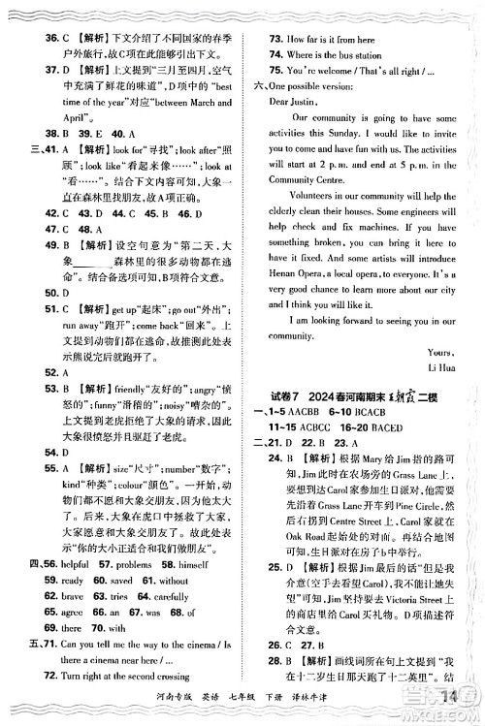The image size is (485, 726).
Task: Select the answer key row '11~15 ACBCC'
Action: (307, 429)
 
